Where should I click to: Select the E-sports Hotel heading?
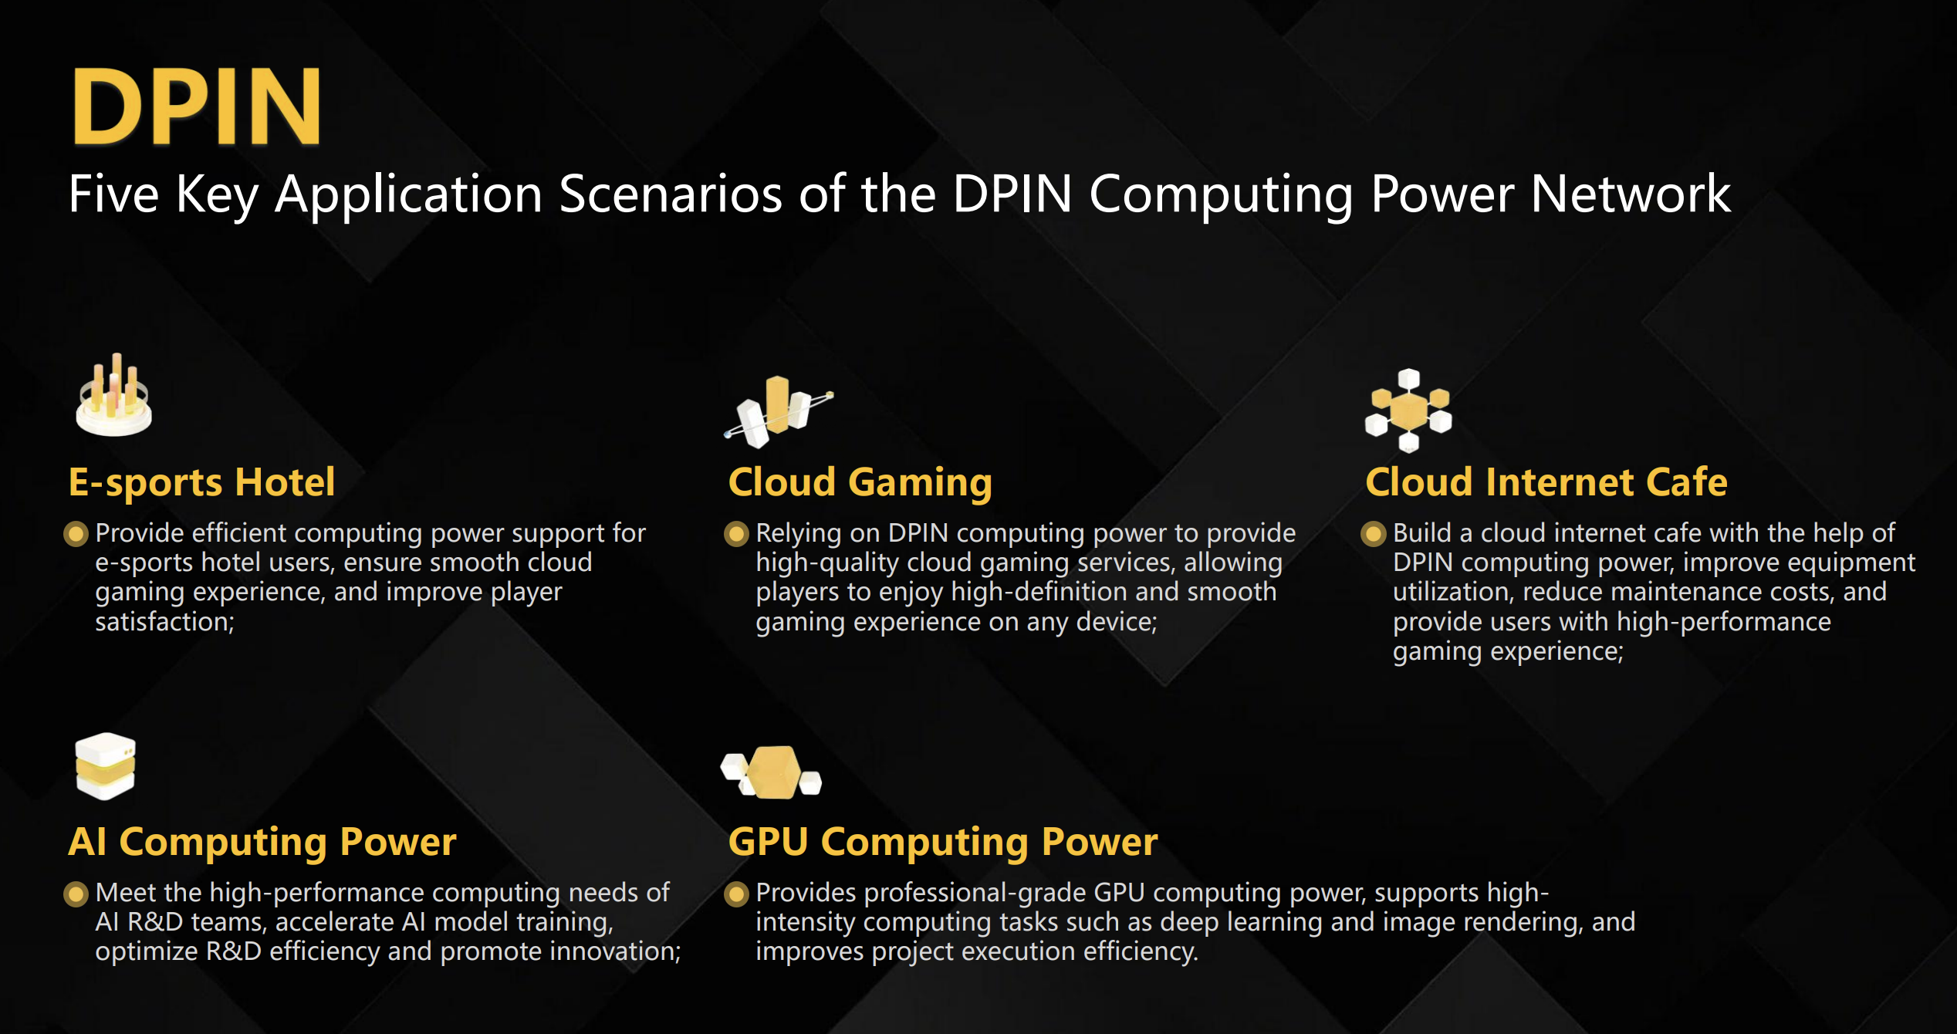[x=201, y=482]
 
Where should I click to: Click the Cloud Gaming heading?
[x=860, y=482]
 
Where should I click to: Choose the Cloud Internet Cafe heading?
[x=1546, y=482]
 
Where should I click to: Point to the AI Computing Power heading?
[x=262, y=842]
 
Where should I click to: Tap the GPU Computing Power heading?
[x=943, y=842]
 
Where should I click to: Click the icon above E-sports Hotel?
[x=114, y=395]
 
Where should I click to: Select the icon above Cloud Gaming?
[x=778, y=411]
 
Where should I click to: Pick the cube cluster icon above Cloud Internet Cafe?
[x=1408, y=411]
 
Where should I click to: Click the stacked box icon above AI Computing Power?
[x=106, y=765]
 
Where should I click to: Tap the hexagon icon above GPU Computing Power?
[x=771, y=772]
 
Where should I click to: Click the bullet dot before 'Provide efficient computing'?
[x=76, y=534]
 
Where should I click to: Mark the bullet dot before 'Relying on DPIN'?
[x=736, y=534]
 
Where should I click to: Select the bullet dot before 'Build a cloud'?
[x=1374, y=534]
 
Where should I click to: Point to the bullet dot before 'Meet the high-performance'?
[x=76, y=894]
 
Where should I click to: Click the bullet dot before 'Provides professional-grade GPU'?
[x=736, y=894]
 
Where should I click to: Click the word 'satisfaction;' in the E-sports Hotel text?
[x=164, y=622]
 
